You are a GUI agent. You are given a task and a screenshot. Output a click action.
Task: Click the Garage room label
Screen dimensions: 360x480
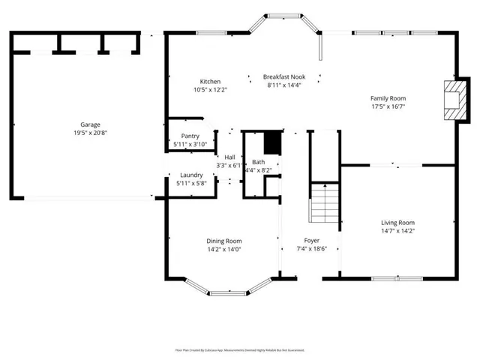tap(90, 124)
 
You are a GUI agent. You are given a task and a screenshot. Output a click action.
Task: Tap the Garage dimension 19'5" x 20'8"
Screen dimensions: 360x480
tap(90, 133)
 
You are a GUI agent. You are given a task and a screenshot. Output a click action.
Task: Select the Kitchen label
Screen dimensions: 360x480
tap(210, 82)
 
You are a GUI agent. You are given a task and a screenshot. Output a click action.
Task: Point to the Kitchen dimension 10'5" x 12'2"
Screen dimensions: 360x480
tap(210, 90)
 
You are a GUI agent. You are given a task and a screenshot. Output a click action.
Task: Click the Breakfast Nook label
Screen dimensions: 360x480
tap(285, 76)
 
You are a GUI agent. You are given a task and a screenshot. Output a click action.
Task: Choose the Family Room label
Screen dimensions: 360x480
tap(388, 98)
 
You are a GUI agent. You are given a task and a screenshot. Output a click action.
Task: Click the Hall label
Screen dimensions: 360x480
tap(229, 157)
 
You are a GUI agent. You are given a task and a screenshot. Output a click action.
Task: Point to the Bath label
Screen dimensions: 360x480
tap(258, 162)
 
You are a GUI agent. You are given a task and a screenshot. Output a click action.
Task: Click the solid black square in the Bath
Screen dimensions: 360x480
tap(272, 142)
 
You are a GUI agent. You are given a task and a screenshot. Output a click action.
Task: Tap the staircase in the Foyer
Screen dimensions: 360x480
tap(325, 204)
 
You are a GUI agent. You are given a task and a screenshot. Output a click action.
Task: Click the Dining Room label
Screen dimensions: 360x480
tap(223, 241)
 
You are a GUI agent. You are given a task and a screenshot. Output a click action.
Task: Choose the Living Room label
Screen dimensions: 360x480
tap(397, 223)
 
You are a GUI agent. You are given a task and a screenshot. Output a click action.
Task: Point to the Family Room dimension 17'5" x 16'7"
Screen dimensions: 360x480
tap(388, 106)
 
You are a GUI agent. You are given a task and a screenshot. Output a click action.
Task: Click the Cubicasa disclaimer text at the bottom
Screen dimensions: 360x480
tap(240, 349)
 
